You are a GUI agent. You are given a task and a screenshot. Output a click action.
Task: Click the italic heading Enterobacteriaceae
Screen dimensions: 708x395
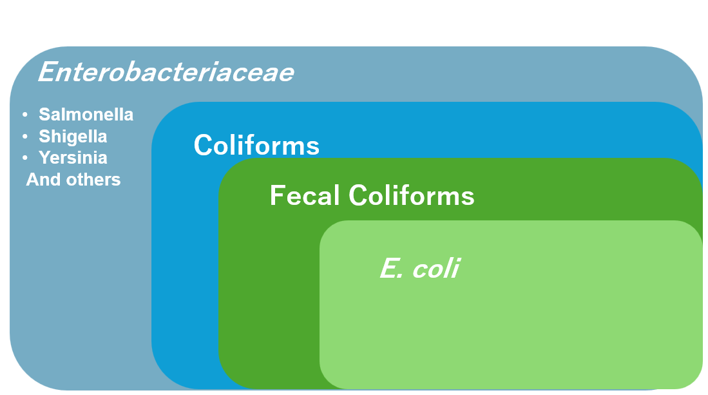166,72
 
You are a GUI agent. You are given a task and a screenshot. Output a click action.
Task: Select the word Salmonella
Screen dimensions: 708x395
86,115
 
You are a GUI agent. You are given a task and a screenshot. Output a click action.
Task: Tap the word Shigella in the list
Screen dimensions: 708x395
73,137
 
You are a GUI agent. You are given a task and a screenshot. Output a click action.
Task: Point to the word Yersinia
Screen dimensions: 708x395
73,158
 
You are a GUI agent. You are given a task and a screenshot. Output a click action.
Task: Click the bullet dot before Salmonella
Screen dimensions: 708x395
25,115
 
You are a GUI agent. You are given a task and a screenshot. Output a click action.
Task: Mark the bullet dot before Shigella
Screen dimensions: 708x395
25,136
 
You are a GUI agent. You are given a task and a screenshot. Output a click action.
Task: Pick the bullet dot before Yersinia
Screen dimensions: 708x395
25,157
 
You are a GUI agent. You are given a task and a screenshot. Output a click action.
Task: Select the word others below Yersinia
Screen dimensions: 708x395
93,180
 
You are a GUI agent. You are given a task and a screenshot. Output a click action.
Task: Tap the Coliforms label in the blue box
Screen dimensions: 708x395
256,145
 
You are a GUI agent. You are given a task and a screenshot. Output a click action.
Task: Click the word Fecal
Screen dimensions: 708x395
304,195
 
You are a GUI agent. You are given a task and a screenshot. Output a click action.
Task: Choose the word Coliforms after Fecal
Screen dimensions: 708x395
412,195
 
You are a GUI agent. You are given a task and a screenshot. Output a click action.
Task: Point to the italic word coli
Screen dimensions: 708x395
435,268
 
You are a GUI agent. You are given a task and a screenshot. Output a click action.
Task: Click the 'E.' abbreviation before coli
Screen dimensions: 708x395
392,268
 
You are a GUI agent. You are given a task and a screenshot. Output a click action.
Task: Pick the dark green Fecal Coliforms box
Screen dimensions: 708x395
269,293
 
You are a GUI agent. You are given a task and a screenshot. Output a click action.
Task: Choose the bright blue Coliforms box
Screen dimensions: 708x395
185,271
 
